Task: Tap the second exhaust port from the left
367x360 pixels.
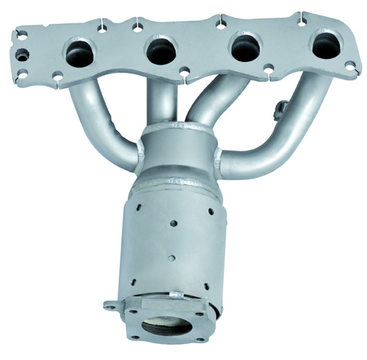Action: pyautogui.click(x=161, y=51)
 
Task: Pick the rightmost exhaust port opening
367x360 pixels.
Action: pyautogui.click(x=326, y=46)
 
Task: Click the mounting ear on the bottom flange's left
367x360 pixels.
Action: pyautogui.click(x=110, y=305)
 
